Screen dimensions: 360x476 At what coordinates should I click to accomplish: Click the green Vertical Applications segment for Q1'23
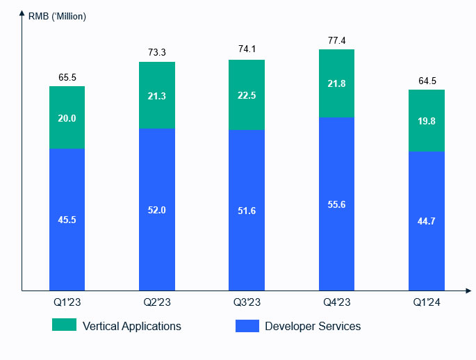click(x=67, y=104)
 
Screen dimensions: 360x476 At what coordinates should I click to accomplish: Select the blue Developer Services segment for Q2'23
click(x=157, y=188)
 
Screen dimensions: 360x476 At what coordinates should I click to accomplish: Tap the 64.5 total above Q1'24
click(x=426, y=81)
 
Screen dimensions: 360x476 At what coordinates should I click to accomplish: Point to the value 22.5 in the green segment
click(x=247, y=95)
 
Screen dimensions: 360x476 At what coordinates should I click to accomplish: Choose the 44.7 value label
click(x=426, y=221)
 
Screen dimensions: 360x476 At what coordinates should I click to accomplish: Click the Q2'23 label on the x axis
click(x=157, y=302)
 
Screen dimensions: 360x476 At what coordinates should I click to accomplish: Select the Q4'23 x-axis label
click(x=336, y=302)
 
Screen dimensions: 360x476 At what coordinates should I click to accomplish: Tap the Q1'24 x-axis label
click(x=426, y=302)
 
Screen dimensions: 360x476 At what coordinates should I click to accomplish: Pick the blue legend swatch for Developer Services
click(x=247, y=325)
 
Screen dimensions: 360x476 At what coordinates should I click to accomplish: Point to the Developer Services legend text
click(x=313, y=326)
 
